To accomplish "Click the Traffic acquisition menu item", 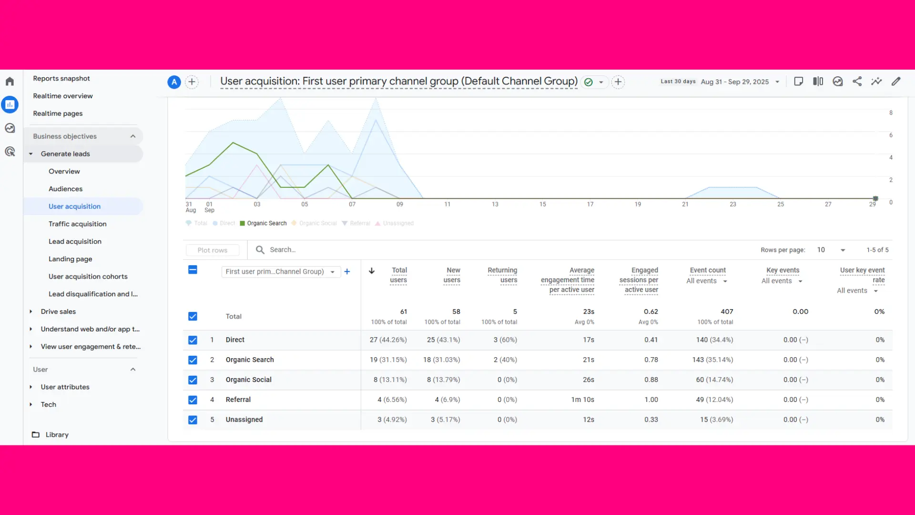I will click(x=77, y=224).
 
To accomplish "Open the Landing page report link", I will click(x=70, y=259).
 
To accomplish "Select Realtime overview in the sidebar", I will click(x=62, y=96).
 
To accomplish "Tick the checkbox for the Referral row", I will click(x=193, y=400).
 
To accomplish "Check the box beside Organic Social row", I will click(x=193, y=380).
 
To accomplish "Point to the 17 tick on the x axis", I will click(x=590, y=204).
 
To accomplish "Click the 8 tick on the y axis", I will click(x=891, y=113).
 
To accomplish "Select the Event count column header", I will click(x=707, y=270).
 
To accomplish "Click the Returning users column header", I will click(x=502, y=275).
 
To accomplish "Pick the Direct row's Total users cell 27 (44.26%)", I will click(x=388, y=340).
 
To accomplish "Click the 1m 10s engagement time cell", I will click(x=582, y=400).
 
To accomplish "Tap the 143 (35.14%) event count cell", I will click(x=712, y=360).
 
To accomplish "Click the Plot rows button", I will click(x=213, y=250).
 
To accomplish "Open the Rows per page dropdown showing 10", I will click(x=831, y=250).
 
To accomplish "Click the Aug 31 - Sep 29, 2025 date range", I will click(x=734, y=82).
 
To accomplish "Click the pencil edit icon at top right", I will click(x=896, y=82).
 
